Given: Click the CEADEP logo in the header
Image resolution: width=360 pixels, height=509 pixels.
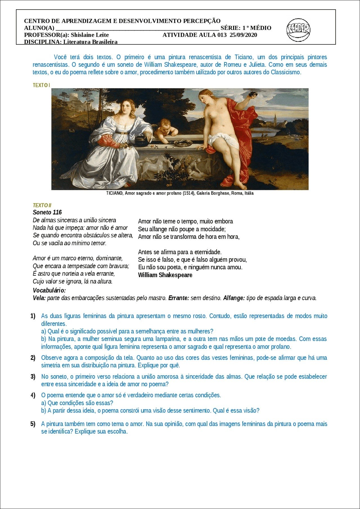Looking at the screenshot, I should point(298,30).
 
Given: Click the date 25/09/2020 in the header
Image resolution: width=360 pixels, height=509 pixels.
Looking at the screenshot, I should point(243,35).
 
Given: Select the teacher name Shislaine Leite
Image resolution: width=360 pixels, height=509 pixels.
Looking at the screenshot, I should point(90,35).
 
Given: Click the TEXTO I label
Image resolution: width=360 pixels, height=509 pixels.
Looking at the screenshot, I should point(41,85).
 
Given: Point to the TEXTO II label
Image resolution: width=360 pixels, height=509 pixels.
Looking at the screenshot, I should point(42,205).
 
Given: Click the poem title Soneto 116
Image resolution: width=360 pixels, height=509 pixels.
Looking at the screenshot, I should point(47,212).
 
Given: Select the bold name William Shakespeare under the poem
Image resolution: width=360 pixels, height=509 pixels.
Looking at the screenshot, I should point(165,275).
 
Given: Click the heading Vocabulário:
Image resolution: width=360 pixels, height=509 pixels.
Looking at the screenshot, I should point(49,290).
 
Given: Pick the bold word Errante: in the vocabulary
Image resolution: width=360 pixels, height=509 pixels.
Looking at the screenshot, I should point(179,298).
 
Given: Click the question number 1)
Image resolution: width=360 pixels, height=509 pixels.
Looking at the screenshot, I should point(33,316).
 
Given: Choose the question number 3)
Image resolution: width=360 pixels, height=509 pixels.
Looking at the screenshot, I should point(33,377).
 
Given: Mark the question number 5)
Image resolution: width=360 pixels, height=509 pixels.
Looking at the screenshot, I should point(33,424).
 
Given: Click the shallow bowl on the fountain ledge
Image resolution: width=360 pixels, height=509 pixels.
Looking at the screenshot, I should point(183,143).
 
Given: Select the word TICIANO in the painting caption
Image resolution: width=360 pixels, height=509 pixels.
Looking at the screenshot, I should point(114,193).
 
